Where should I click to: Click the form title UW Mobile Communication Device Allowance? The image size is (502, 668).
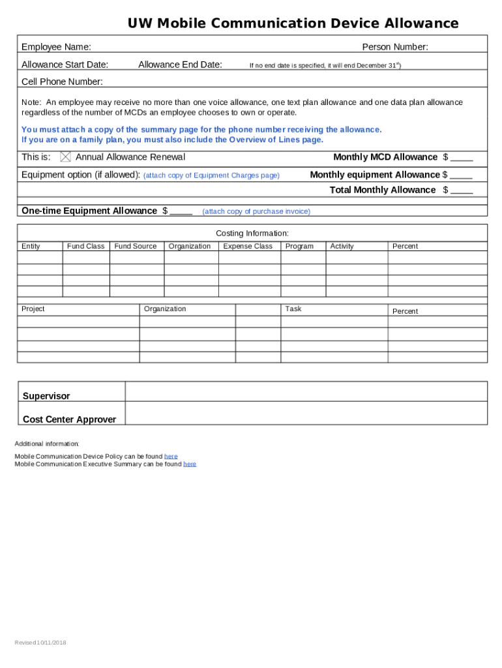click(x=293, y=24)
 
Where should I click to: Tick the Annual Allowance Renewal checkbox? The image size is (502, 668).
click(x=65, y=157)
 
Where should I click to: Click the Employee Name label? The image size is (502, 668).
click(x=56, y=47)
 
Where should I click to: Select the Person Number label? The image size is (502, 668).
click(x=395, y=47)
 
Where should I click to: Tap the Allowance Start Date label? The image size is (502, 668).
click(x=65, y=65)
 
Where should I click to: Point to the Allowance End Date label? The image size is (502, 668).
click(x=180, y=65)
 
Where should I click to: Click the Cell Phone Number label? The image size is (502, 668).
click(x=62, y=82)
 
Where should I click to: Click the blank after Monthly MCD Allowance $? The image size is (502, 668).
click(x=462, y=159)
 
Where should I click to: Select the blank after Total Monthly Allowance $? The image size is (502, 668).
click(x=462, y=191)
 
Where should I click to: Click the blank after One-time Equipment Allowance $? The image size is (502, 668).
click(x=181, y=212)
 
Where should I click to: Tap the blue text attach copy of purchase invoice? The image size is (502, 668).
click(x=256, y=211)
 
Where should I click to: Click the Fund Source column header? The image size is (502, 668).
click(x=136, y=247)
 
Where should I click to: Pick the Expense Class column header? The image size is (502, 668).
click(x=248, y=247)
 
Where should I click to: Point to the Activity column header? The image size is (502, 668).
click(x=342, y=247)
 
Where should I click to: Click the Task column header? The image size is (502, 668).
click(x=293, y=309)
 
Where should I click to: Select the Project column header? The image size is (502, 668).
click(x=33, y=309)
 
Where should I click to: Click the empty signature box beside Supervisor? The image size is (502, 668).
click(x=306, y=391)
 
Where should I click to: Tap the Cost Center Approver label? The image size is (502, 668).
click(x=69, y=419)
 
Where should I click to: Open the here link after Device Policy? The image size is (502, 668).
click(x=171, y=457)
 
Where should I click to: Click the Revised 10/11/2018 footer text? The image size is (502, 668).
click(x=40, y=643)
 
